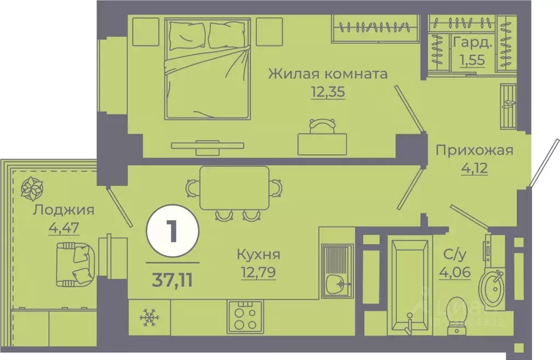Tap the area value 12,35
coord(327,92)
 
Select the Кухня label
coord(258,254)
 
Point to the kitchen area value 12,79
coord(258,272)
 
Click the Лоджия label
coord(63,210)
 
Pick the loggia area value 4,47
coord(63,228)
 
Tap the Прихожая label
coord(474,150)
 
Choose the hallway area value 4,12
coord(474,167)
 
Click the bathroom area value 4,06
coord(455,271)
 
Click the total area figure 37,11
coord(172,281)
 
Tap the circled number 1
coord(172,233)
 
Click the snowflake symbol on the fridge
coord(148,316)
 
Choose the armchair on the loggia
coord(77,262)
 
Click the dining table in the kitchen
coord(234,188)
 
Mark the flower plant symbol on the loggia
coord(32,189)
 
